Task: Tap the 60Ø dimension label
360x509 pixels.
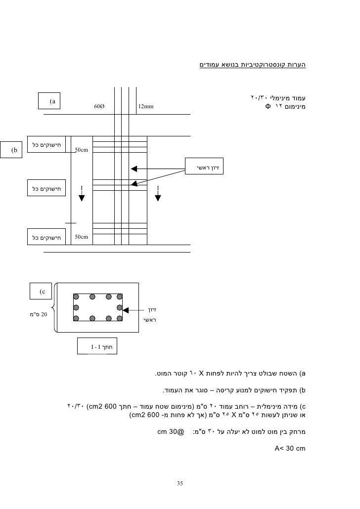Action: tap(99, 106)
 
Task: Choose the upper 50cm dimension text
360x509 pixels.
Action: tap(81, 149)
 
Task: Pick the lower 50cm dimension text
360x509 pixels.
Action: tap(81, 237)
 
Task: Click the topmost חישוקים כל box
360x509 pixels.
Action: tap(46, 144)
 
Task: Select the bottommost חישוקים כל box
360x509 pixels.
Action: tap(46, 237)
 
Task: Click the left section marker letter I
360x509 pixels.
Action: tap(82, 187)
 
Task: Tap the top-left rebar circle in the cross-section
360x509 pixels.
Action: tap(76, 297)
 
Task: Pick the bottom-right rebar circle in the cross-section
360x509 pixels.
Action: tap(119, 319)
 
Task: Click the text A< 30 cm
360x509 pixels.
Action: tap(290, 449)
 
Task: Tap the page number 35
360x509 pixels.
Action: tap(180, 482)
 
